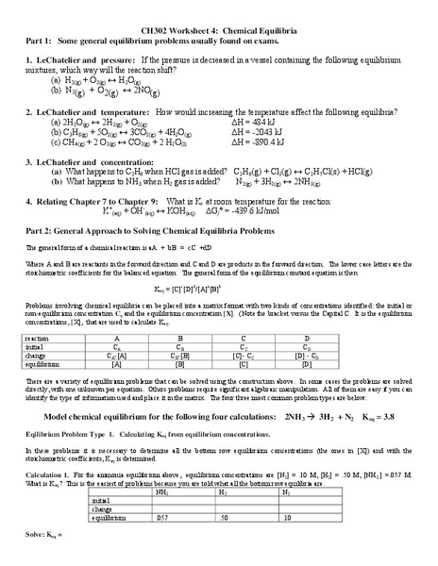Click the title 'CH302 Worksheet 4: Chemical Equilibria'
click(x=218, y=31)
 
